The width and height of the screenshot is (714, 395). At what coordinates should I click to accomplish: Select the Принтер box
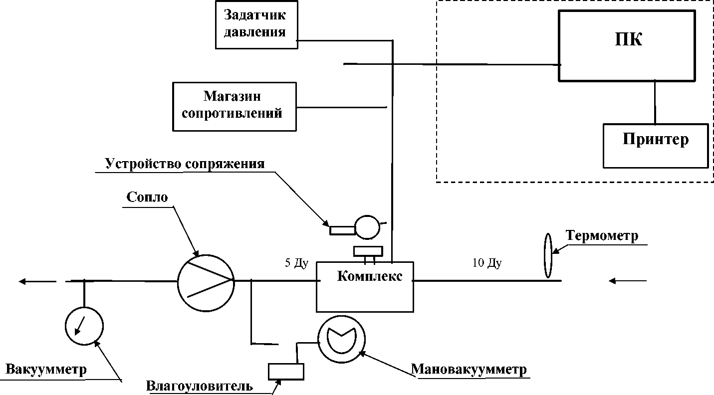coord(656,145)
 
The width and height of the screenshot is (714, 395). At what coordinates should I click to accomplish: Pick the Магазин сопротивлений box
coord(234,107)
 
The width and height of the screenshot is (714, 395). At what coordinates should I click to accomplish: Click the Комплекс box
coord(365,287)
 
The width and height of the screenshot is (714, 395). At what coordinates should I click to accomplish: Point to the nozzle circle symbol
coord(205,281)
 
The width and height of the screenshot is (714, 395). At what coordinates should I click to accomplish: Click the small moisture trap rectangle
coord(286,371)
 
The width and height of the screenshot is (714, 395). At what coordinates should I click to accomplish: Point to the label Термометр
coord(602,235)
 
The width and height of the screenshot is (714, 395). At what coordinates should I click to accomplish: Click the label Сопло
coord(147,197)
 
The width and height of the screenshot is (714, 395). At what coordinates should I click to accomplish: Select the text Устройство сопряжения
coord(185,164)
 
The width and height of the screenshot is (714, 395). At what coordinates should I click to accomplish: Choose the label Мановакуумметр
coord(469,370)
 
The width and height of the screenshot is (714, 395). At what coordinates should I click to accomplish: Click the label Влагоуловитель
coord(200,387)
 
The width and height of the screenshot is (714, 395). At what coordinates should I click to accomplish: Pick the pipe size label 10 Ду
coord(486,263)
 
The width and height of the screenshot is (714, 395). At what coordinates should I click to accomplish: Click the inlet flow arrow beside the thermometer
coord(628,281)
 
